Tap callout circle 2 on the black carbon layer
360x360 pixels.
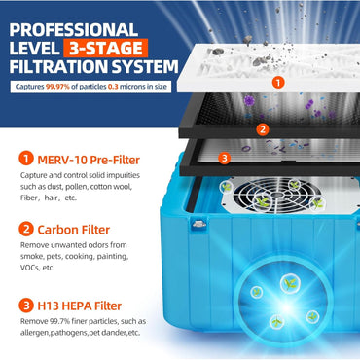click(x=262, y=127)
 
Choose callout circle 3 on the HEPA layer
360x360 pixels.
click(x=225, y=158)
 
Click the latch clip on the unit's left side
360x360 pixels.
click(x=199, y=223)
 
